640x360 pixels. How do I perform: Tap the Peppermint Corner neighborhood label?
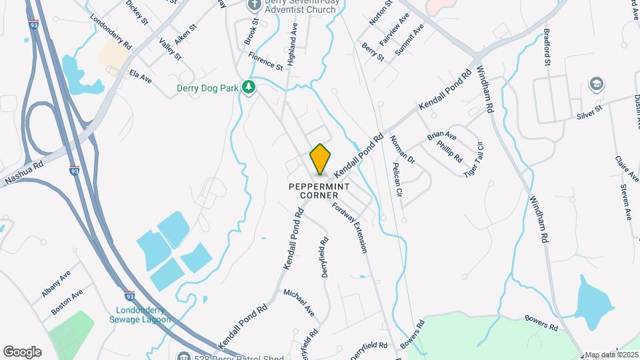[x=319, y=191]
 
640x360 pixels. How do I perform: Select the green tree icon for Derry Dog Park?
[x=249, y=87]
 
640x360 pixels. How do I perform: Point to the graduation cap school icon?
[x=596, y=85]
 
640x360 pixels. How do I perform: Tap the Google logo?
[x=22, y=352]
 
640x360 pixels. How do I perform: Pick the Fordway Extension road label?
[x=351, y=228]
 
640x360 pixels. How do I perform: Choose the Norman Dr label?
[x=403, y=150]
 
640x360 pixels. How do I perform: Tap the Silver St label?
[x=589, y=111]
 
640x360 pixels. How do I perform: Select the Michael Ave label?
[x=299, y=301]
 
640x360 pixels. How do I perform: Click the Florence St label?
[x=265, y=61]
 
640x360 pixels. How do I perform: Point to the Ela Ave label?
[x=141, y=76]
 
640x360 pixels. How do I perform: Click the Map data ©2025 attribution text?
[x=611, y=355]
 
